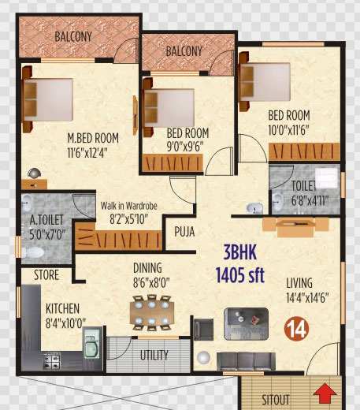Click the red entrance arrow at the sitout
click(325, 393)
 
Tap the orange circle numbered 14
click(297, 329)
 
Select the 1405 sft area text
click(239, 274)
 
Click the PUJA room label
click(184, 232)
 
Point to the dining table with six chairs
click(152, 312)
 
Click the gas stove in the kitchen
click(52, 361)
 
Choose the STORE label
click(46, 275)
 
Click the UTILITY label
click(154, 355)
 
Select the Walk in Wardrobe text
click(129, 206)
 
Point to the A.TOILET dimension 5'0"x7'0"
click(47, 234)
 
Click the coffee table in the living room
click(246, 324)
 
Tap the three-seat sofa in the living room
click(246, 361)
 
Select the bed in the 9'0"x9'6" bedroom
click(169, 107)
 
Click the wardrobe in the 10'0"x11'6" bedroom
click(304, 151)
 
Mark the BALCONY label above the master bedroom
click(73, 36)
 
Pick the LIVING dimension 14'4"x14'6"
click(307, 298)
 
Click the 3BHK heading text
click(240, 252)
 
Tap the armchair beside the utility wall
click(203, 330)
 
